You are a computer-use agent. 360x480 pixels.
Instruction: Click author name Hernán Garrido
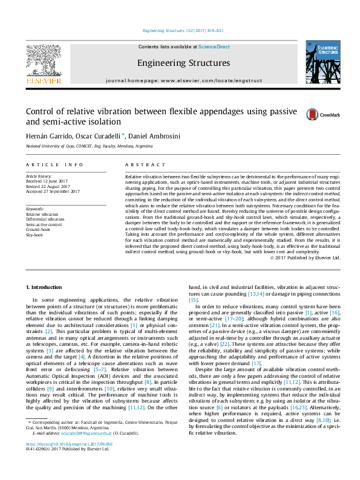click(x=45, y=136)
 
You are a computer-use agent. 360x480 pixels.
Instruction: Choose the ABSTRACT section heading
click(x=145, y=164)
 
